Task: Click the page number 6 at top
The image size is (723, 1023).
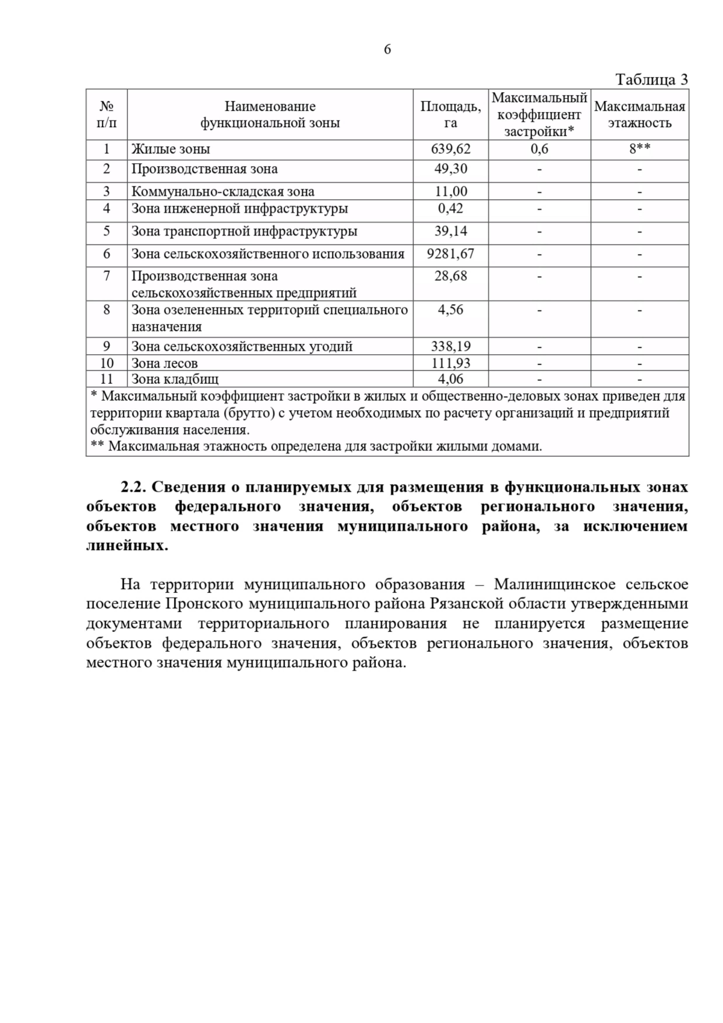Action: (387, 49)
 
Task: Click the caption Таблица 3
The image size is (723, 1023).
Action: (651, 80)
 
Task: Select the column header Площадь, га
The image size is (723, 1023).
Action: (450, 114)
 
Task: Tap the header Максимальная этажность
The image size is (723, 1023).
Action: (639, 114)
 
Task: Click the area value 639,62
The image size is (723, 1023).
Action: (450, 149)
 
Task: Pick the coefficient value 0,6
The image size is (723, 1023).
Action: (539, 149)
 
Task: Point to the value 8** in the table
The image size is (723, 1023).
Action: (639, 149)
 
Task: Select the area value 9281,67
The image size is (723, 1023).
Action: (450, 254)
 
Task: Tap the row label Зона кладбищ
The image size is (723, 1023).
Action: (175, 379)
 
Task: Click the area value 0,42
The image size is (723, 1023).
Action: (450, 208)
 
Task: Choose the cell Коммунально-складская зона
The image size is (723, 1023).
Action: (223, 192)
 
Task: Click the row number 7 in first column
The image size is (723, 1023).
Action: (107, 276)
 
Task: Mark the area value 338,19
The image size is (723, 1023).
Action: (450, 346)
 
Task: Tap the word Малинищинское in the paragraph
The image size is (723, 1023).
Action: (554, 584)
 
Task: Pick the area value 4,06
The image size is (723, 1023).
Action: (450, 379)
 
